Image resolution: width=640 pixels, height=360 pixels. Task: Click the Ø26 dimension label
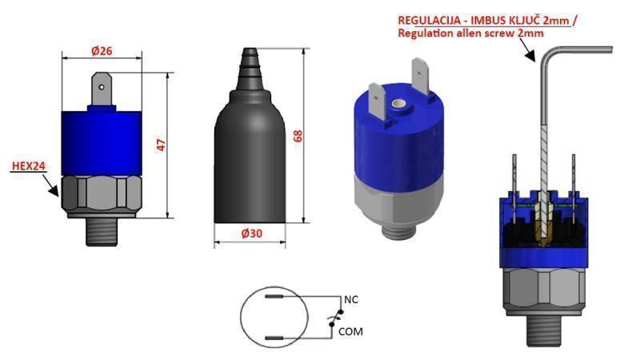[x=102, y=50]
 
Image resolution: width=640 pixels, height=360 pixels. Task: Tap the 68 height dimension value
[x=298, y=135]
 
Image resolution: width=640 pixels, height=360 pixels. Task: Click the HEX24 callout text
[x=27, y=167]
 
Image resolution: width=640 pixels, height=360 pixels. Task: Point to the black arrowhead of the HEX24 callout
[x=52, y=190]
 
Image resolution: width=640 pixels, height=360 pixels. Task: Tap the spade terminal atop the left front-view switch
[x=102, y=90]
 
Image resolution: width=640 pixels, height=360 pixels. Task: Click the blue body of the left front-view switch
[x=102, y=140]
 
